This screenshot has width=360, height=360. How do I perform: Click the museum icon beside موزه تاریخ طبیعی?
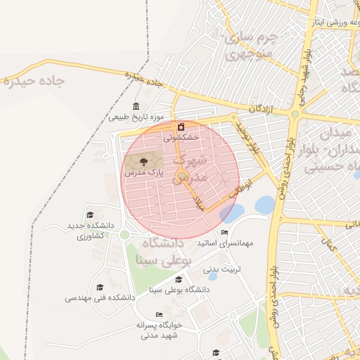[x=136, y=106]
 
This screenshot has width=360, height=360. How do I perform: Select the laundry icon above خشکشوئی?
[x=182, y=127]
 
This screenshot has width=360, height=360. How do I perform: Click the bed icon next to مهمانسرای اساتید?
[x=224, y=233]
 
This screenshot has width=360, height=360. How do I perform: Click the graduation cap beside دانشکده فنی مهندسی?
[x=100, y=288]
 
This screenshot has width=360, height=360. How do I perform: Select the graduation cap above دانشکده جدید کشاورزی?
[x=89, y=215]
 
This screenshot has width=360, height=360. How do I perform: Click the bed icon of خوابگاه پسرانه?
[x=160, y=314]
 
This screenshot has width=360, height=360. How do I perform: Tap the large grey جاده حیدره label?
[x=33, y=80]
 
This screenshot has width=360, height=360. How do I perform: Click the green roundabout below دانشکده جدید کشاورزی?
[x=124, y=234]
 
